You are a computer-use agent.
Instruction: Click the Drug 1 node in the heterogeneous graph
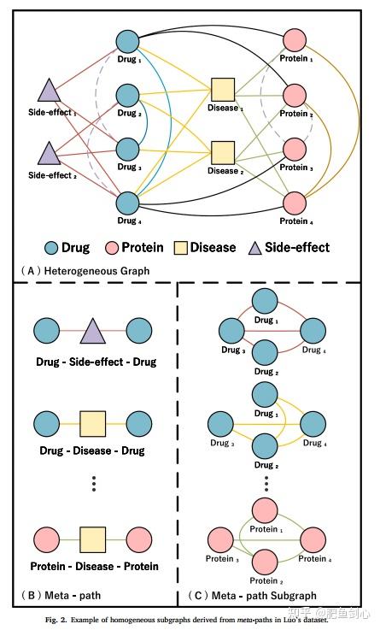coord(127,40)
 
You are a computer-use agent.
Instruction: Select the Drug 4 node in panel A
coord(127,203)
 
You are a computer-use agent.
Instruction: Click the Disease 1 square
coord(223,89)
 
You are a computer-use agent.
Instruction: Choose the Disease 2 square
coord(223,152)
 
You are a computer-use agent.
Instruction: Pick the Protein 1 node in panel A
coord(294,40)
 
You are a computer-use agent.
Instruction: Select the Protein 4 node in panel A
coord(294,203)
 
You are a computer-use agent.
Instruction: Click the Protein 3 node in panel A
coord(294,149)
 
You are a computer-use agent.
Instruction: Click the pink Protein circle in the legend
coord(112,247)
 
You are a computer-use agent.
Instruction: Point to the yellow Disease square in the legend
coord(179,247)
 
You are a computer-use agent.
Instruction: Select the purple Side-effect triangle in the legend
coord(252,247)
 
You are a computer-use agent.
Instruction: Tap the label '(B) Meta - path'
coord(53,594)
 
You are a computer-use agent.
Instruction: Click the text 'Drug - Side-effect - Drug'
coord(96,362)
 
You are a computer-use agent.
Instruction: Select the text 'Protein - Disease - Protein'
coord(94,566)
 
